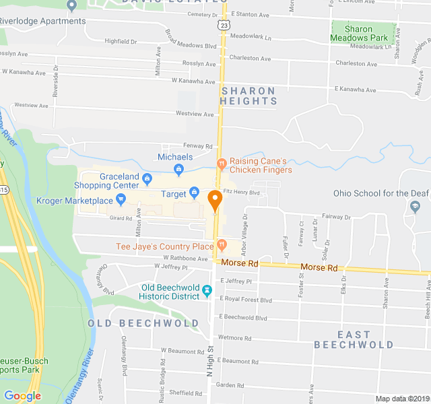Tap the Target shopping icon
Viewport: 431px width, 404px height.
pos(194,194)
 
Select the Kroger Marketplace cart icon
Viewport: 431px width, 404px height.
pos(121,199)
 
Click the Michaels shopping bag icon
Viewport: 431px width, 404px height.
pos(178,169)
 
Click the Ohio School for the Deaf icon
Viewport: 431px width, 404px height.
pos(413,205)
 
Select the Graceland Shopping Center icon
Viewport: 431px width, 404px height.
pos(147,179)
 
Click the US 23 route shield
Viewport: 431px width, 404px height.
pos(223,24)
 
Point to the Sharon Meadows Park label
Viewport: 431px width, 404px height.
pos(363,34)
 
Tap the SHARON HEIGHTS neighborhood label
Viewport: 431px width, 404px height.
pos(248,96)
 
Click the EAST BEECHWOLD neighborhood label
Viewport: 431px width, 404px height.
pos(354,339)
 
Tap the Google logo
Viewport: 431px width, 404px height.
pos(22,396)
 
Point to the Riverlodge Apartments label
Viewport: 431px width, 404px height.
pos(43,21)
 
